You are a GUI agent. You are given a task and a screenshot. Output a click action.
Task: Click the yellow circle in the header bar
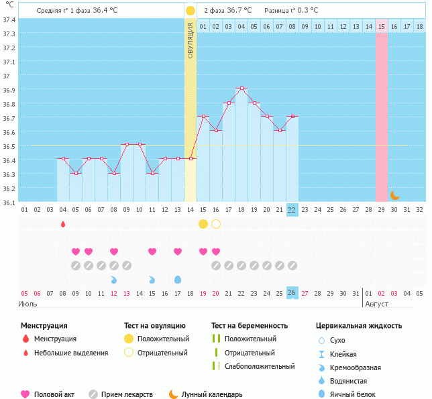(191, 11)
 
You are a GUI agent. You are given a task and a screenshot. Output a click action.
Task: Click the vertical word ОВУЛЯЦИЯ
(191, 40)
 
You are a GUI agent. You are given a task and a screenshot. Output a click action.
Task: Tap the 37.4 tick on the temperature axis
(9, 19)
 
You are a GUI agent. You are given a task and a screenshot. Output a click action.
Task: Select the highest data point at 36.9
(241, 89)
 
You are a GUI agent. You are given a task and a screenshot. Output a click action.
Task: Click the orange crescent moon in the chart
(394, 195)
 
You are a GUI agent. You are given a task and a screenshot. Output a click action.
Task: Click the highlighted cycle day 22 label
(292, 210)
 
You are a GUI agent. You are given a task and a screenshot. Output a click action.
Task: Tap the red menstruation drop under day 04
(63, 224)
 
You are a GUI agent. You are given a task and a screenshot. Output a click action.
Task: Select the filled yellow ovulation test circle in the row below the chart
(203, 224)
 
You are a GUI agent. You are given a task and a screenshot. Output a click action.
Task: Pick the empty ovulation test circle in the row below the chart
(216, 224)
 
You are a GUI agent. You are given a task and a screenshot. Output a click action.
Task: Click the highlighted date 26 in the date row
(292, 293)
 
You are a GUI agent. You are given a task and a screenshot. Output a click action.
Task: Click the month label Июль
(28, 304)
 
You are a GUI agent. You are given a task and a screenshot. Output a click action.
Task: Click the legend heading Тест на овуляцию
(156, 326)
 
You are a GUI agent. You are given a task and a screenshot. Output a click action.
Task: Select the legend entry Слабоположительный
(260, 366)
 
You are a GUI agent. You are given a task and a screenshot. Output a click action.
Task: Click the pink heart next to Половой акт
(25, 394)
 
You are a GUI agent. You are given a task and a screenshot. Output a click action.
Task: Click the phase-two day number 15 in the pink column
(381, 27)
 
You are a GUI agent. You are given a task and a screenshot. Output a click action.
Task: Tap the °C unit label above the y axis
(9, 5)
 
